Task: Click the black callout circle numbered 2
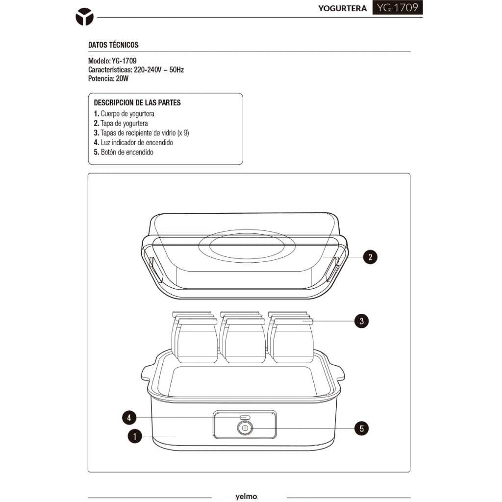370,257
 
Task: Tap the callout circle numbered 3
361,321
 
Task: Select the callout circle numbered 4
129,418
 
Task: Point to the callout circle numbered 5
361,428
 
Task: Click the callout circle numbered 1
135,436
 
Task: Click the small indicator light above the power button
245,418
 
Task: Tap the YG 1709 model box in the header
398,7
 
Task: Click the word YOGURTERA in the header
342,8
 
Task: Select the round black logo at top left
84,17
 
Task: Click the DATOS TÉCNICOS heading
113,45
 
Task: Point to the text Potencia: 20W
108,78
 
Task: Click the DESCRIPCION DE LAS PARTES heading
137,103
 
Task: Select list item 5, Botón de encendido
124,152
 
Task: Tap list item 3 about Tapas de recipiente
142,133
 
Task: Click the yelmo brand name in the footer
247,496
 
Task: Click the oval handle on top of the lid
247,246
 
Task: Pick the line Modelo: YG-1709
112,61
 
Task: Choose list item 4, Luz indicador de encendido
133,143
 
